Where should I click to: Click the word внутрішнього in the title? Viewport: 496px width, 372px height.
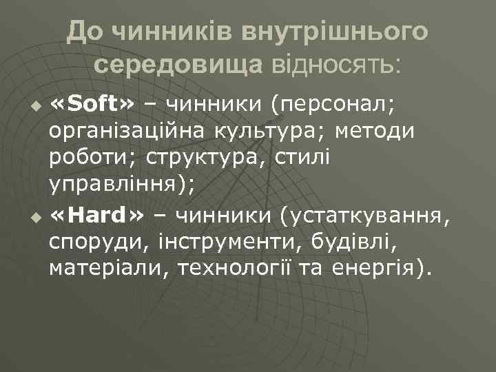(331, 32)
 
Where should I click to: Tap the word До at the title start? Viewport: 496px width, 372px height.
(85, 32)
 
